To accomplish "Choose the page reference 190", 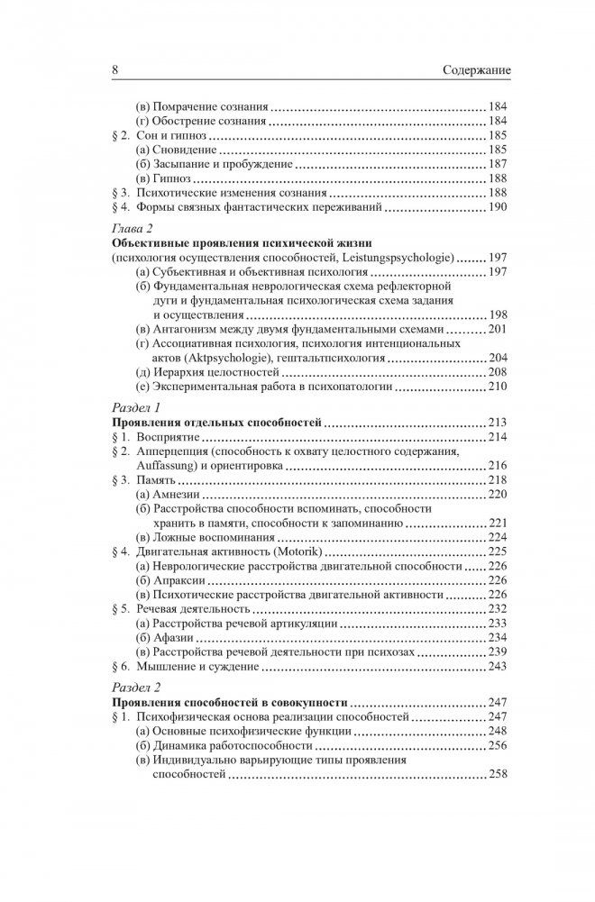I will tap(498, 207).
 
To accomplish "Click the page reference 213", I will tap(498, 423).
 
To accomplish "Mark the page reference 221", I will tap(498, 523).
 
